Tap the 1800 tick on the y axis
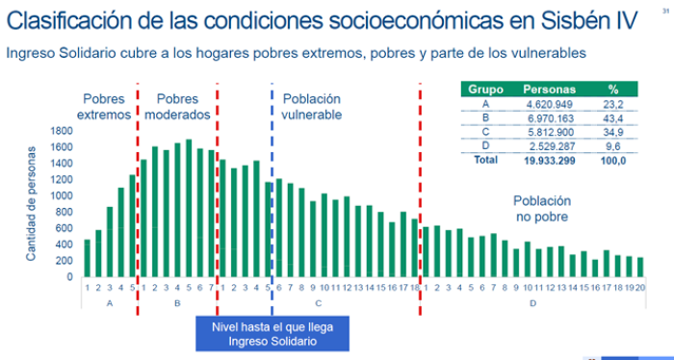point(60,130)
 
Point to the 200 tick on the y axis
point(63,261)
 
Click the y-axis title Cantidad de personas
point(31,203)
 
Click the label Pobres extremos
point(105,106)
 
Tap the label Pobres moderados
point(177,106)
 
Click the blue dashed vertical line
point(272,193)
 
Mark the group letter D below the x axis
point(531,303)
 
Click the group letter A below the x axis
point(110,303)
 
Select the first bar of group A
point(88,258)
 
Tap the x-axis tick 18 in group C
point(415,287)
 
